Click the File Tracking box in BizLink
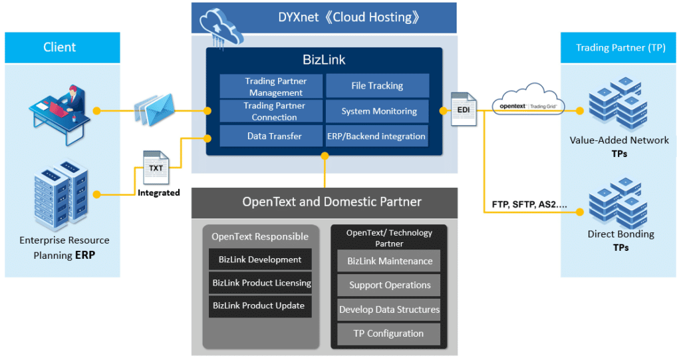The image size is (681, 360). click(378, 86)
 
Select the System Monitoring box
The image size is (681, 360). click(378, 111)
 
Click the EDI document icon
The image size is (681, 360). click(464, 109)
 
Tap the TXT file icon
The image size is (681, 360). click(156, 168)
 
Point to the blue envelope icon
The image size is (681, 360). click(155, 110)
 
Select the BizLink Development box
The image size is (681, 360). click(260, 260)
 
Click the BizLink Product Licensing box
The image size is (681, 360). click(260, 283)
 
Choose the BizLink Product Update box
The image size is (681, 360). click(260, 305)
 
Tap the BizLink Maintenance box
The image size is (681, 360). click(388, 261)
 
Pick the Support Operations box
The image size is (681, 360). click(388, 285)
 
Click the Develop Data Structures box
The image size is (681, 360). click(388, 309)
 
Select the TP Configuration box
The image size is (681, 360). click(388, 334)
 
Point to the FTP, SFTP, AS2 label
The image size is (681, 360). click(529, 204)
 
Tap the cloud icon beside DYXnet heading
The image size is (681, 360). click(221, 28)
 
